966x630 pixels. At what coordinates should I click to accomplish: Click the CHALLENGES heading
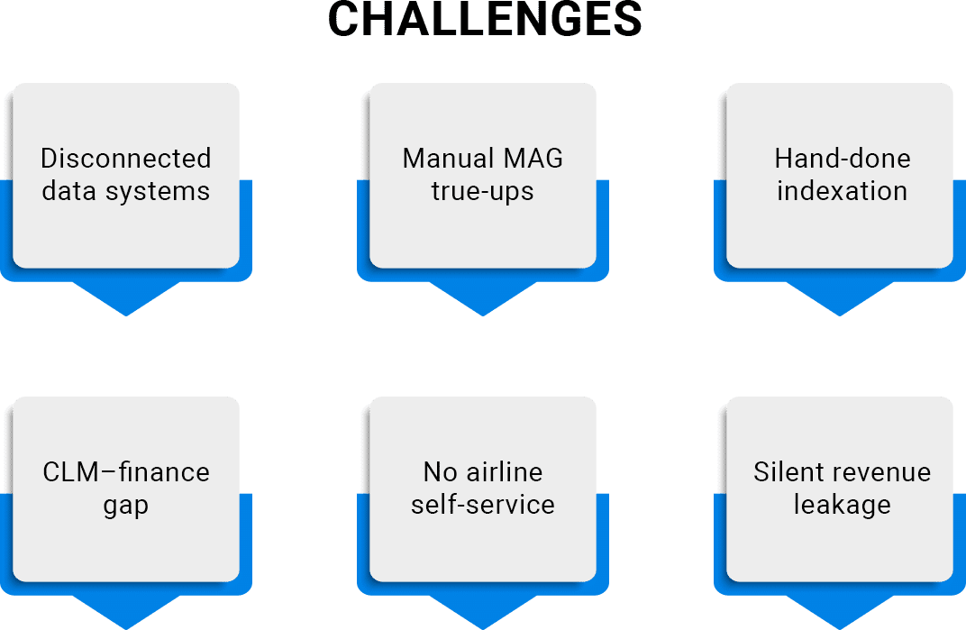(x=485, y=19)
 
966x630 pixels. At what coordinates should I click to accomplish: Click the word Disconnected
(x=125, y=159)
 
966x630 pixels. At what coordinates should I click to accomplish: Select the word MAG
(x=533, y=159)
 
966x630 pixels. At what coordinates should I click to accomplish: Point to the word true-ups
(x=482, y=192)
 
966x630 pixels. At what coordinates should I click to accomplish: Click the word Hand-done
(x=843, y=159)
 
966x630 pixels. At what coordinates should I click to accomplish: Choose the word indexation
(x=843, y=191)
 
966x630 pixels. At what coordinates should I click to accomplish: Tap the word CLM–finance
(x=126, y=472)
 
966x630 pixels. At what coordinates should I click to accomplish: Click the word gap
(x=125, y=507)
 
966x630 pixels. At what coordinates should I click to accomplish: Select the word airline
(x=505, y=472)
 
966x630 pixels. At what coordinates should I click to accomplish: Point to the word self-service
(x=483, y=505)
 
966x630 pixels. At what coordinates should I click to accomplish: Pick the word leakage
(x=843, y=506)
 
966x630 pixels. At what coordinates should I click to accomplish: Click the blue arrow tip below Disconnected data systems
(x=126, y=315)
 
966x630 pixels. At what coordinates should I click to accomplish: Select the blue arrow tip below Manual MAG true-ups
(x=483, y=315)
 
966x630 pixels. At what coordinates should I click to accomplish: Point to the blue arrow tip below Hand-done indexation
(x=840, y=315)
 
